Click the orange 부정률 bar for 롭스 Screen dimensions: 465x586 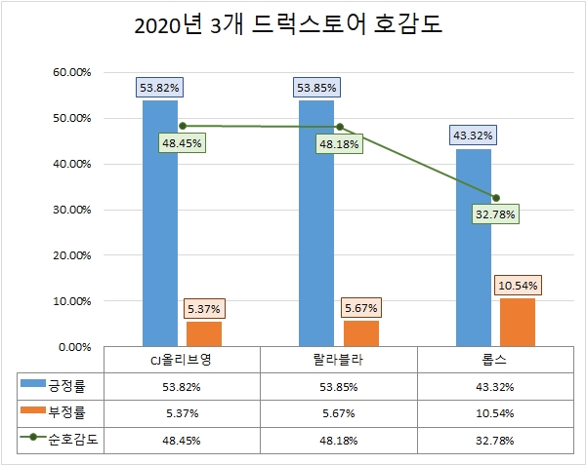click(517, 322)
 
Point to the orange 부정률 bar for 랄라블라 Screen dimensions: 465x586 click(360, 332)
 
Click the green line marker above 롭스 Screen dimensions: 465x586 click(496, 198)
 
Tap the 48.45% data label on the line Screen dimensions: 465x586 click(184, 143)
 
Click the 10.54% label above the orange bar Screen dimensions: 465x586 click(517, 286)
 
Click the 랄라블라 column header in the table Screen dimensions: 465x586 click(339, 360)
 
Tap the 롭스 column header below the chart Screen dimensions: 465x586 click(495, 360)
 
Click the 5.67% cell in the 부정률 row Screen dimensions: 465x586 click(339, 412)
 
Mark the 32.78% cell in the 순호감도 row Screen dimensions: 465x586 click(495, 440)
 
